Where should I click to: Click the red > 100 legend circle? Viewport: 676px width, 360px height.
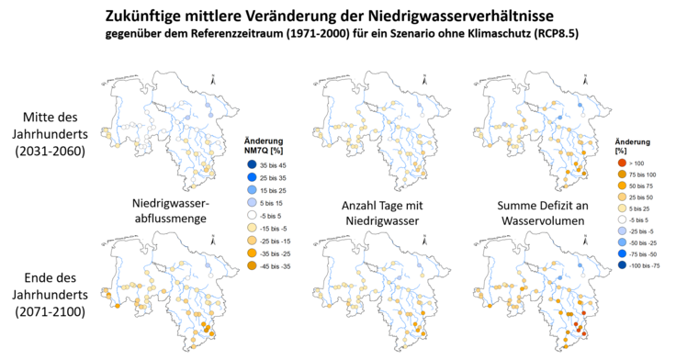pyautogui.click(x=621, y=163)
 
